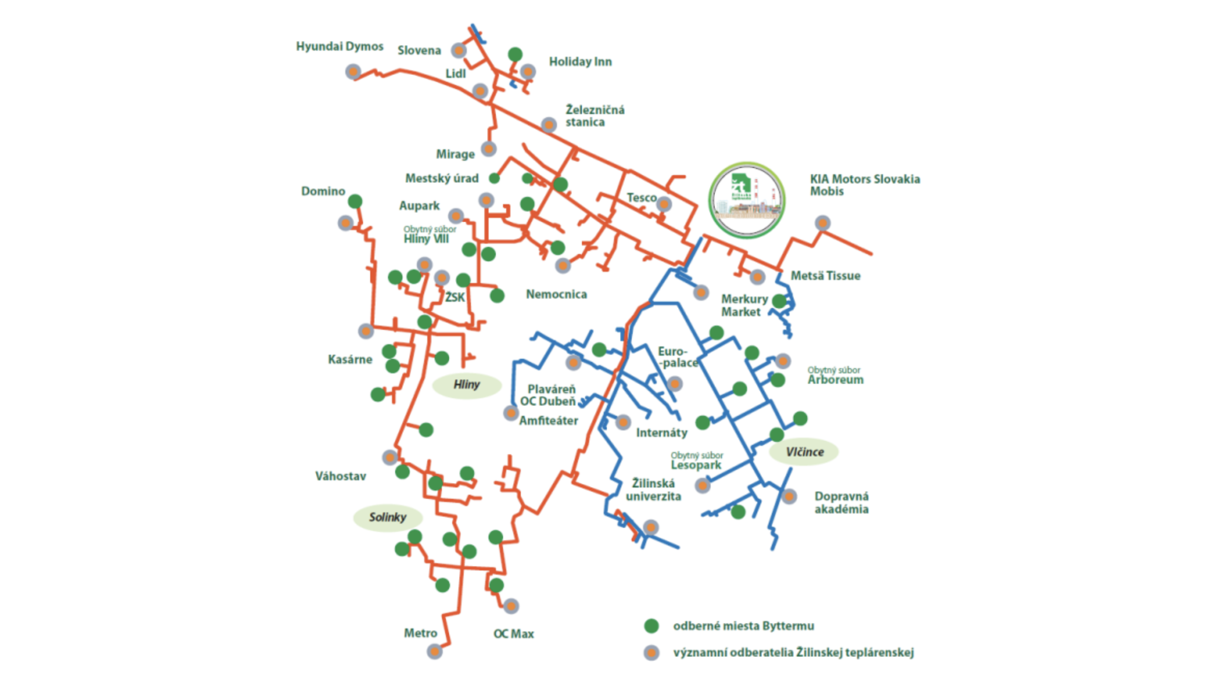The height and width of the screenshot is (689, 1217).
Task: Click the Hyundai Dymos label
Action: pos(339,46)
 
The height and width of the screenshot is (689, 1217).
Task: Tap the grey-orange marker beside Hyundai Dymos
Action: pos(353,72)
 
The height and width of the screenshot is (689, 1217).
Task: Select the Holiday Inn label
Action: pos(580,61)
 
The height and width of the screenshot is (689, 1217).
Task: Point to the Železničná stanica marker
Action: pos(549,125)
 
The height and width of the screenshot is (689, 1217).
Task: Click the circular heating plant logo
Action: pos(747,200)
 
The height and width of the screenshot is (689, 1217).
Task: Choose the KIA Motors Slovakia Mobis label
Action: pos(864,185)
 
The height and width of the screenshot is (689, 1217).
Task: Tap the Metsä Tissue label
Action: pos(825,275)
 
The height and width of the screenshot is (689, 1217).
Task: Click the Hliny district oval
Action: pos(466,384)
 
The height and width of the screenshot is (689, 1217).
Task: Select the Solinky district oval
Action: pos(387,517)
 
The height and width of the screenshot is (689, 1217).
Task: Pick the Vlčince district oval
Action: pos(804,452)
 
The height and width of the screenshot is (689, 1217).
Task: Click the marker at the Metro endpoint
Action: pos(434,651)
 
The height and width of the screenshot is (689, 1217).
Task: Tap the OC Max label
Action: pos(513,633)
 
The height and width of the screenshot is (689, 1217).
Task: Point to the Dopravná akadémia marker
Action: pos(789,496)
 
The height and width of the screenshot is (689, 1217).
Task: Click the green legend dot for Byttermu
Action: pos(651,626)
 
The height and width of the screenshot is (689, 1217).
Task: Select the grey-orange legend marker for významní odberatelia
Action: pos(651,652)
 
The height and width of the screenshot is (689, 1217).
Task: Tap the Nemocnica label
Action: pos(556,294)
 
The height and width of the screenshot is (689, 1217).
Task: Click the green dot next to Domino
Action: pos(355,201)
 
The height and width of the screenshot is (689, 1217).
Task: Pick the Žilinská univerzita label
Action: pos(653,490)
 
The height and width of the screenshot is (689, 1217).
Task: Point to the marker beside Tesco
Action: pos(663,204)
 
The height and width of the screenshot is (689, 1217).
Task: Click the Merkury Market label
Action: pos(744,305)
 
